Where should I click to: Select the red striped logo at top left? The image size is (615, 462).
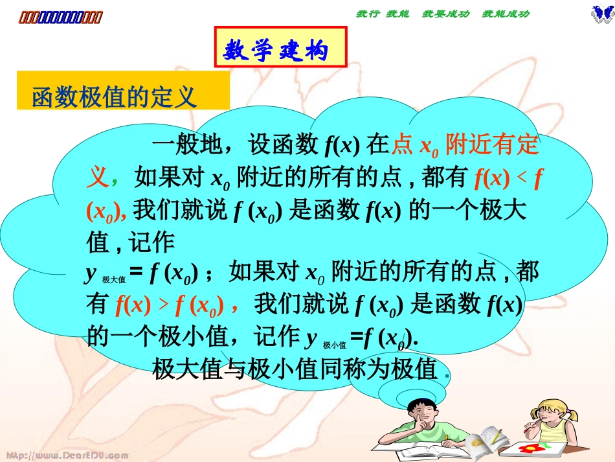coord(59,17)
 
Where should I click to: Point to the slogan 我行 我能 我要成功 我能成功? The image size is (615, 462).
coord(443,14)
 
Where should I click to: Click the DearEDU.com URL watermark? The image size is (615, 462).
coord(65,455)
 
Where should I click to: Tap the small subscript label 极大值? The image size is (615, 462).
coord(114,279)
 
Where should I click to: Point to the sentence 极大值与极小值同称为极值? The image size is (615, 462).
coord(295,370)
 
